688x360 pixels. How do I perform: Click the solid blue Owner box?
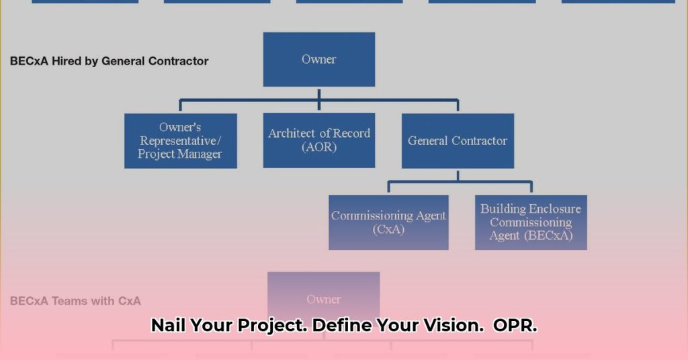pos(318,59)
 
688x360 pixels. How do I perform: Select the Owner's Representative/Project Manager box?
pos(180,140)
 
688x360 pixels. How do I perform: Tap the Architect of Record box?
pos(318,140)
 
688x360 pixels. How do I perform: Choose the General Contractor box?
pos(458,140)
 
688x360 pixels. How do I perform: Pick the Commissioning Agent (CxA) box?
pos(388,222)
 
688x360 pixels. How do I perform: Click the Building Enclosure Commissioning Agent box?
pos(531,222)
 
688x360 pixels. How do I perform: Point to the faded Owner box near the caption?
pos(323,299)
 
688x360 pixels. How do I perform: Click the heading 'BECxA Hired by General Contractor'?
pos(109,61)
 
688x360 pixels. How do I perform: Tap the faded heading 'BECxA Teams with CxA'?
pos(75,301)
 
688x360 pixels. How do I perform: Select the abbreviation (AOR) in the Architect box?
pos(319,147)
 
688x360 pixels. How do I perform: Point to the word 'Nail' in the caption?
pos(168,326)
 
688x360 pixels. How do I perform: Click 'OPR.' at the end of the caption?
pos(515,326)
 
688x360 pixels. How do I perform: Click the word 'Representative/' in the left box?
pos(180,140)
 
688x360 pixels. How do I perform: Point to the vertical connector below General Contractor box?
pos(458,175)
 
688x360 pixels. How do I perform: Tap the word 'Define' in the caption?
pos(342,326)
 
